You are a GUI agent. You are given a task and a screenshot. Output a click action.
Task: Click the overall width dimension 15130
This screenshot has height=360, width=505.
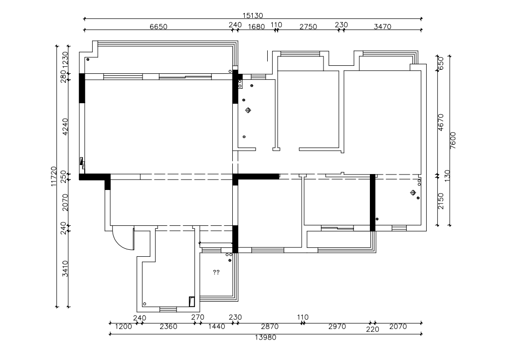[253, 15]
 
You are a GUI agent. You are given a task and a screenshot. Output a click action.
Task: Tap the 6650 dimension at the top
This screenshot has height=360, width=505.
[159, 27]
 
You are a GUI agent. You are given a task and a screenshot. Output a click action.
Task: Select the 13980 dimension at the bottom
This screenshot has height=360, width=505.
[266, 338]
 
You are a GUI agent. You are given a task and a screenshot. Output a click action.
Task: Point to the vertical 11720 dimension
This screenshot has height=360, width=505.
[54, 177]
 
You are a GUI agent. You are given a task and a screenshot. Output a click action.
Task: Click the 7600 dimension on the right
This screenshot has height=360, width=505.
[453, 141]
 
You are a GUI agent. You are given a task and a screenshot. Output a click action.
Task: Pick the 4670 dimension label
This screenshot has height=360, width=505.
[441, 122]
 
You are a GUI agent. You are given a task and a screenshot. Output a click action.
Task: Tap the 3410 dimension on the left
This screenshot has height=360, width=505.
[65, 269]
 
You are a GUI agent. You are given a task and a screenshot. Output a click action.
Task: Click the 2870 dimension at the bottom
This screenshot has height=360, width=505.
[270, 327]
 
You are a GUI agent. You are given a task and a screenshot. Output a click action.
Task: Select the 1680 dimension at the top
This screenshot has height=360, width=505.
[256, 27]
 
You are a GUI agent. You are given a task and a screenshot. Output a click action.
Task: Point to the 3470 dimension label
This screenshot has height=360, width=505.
[382, 27]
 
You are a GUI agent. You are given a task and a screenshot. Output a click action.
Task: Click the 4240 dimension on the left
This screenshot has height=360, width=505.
[65, 127]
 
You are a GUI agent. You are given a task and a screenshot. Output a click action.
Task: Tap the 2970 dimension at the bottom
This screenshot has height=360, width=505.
[337, 327]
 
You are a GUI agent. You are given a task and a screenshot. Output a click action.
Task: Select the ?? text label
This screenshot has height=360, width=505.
[216, 272]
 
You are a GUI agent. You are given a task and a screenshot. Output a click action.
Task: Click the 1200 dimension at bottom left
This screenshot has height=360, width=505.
[123, 327]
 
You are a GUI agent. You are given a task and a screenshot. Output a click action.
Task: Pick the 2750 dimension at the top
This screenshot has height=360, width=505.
[308, 27]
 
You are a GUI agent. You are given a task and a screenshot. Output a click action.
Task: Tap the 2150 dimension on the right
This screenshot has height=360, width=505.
[441, 201]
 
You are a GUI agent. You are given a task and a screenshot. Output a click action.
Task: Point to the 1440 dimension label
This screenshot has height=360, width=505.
[216, 327]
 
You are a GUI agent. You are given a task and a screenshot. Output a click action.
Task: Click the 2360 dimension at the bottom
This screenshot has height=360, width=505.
[168, 327]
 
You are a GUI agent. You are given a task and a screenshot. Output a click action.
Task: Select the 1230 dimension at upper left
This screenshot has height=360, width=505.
[65, 60]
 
